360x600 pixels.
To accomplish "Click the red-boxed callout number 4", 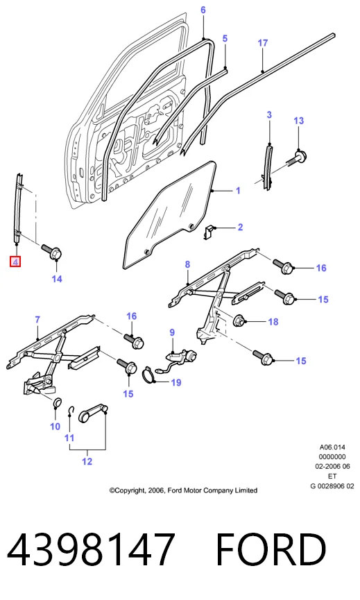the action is [15, 262].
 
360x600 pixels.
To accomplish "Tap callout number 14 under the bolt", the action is [57, 279].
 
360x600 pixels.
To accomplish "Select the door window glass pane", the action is [169, 215].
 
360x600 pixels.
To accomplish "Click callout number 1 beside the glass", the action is [238, 190].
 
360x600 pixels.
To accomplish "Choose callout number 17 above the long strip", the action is [263, 43].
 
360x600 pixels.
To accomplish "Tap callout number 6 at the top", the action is [203, 10].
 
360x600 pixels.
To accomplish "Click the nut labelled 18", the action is [239, 320].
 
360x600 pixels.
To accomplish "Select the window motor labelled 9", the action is [182, 358].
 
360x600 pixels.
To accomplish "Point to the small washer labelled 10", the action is [56, 403].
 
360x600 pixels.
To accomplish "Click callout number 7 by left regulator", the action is [37, 320].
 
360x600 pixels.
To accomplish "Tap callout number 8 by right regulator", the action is [187, 264].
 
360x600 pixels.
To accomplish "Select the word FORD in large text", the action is [271, 549].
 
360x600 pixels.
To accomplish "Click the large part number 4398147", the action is [91, 549].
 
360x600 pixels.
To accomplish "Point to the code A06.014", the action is [332, 447].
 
